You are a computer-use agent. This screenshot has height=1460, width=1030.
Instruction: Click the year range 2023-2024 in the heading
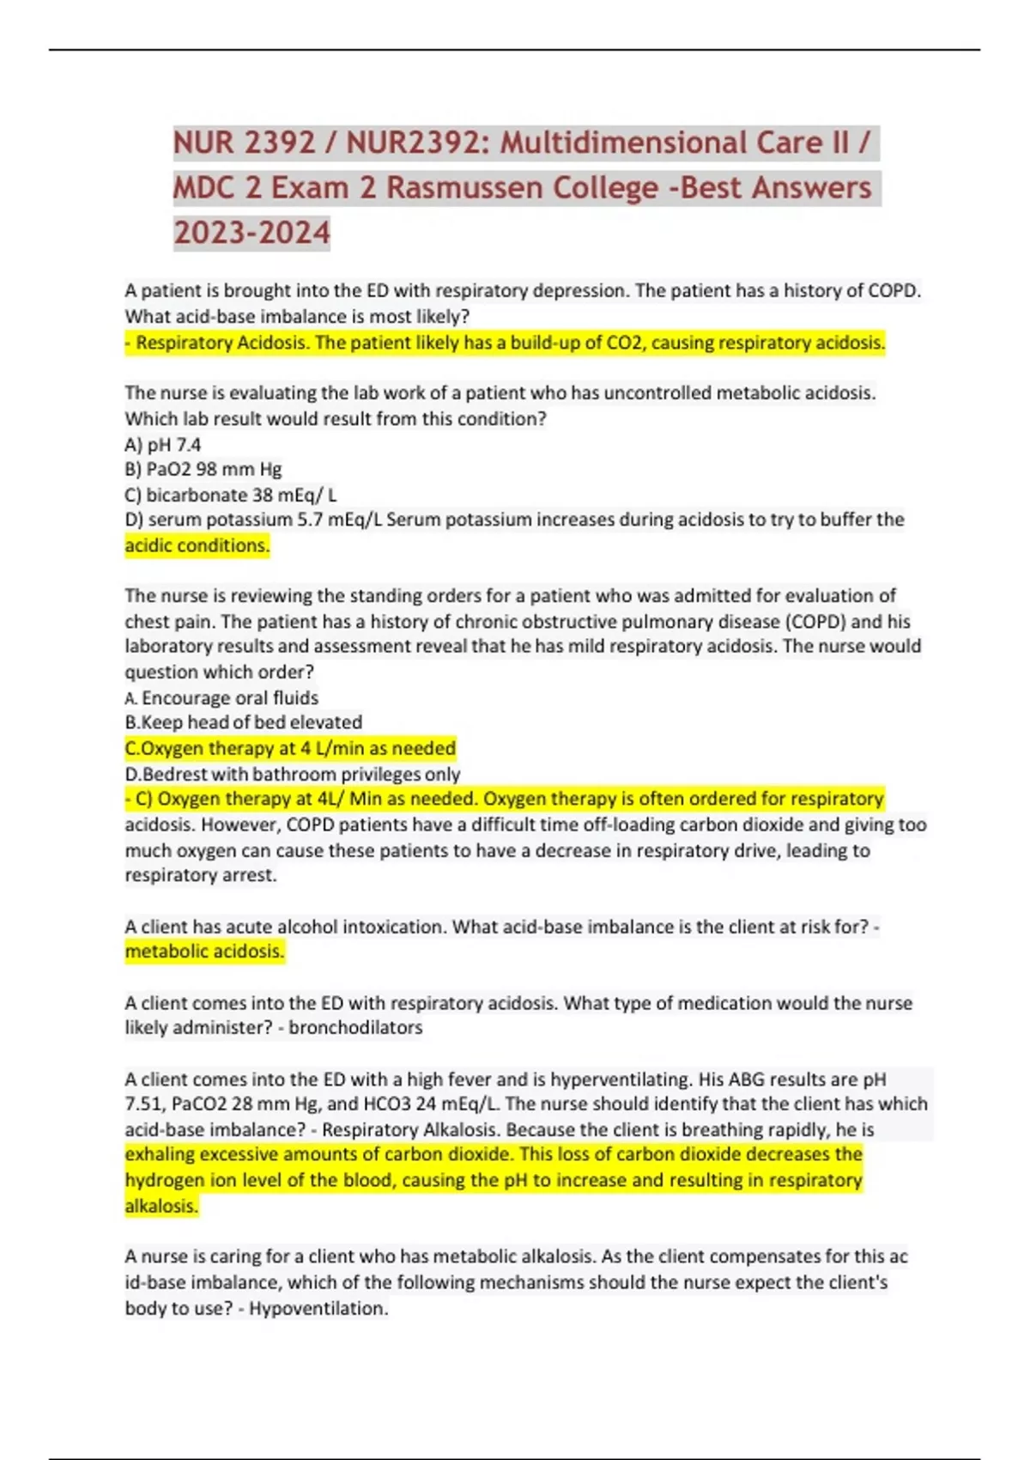click(251, 232)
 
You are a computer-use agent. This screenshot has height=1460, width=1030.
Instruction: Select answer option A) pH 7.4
click(163, 445)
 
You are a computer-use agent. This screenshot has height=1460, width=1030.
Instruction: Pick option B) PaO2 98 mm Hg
click(203, 470)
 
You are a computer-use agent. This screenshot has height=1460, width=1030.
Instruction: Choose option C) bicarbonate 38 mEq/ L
click(231, 496)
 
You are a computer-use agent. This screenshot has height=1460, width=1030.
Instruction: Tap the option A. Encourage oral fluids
click(221, 697)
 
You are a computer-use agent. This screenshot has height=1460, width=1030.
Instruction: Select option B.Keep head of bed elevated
click(244, 722)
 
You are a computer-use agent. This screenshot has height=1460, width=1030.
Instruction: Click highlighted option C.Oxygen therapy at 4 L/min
click(290, 748)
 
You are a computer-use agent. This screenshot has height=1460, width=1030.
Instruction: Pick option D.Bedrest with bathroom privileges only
click(293, 774)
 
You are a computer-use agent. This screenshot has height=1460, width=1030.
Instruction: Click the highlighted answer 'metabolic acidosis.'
click(204, 952)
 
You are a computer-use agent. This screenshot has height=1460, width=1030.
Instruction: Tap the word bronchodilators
click(355, 1028)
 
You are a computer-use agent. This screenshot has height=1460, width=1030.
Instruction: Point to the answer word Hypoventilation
click(318, 1309)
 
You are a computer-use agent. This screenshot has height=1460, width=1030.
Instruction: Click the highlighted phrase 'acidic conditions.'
click(197, 545)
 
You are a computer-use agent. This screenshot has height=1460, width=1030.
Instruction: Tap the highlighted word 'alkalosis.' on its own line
click(161, 1206)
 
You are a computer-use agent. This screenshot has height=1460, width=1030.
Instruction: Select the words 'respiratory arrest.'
click(201, 876)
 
